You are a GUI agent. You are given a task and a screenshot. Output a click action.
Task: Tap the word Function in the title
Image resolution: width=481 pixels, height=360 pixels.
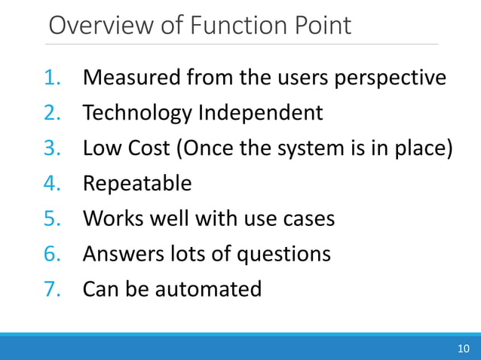pyautogui.click(x=225, y=26)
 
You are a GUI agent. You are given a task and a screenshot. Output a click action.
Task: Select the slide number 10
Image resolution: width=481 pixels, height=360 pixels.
pyautogui.click(x=463, y=348)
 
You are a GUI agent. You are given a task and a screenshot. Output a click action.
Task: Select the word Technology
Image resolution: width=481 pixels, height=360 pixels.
pyautogui.click(x=137, y=114)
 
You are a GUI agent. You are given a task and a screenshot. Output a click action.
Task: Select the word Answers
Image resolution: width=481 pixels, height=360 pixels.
pyautogui.click(x=121, y=255)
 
